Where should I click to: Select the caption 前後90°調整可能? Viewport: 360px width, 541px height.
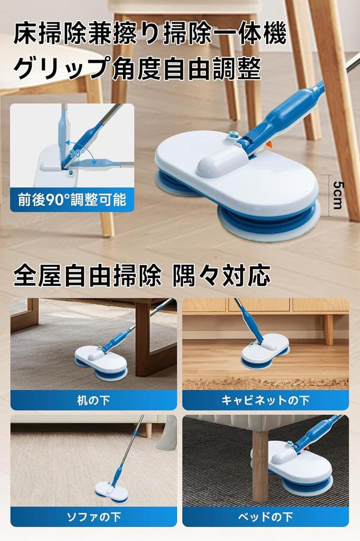click(x=72, y=200)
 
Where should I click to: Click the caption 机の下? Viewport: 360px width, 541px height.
click(x=93, y=400)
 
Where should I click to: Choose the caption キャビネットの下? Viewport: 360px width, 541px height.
click(x=266, y=400)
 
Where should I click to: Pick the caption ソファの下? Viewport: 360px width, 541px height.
click(x=93, y=517)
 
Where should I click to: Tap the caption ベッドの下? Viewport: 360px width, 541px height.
click(x=266, y=517)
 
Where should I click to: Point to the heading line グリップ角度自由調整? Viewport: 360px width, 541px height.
click(x=137, y=69)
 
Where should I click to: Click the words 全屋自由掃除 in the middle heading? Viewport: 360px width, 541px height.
click(x=87, y=276)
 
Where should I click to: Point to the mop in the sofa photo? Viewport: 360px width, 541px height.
click(x=111, y=491)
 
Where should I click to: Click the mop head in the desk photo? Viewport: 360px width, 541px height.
click(x=101, y=362)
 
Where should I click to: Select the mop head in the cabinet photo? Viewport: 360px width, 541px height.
click(x=265, y=350)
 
